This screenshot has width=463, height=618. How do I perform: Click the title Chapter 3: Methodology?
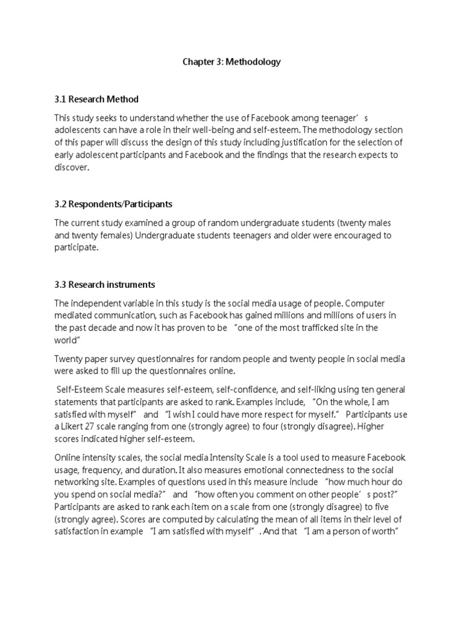point(231,62)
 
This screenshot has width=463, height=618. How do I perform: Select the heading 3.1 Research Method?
point(96,99)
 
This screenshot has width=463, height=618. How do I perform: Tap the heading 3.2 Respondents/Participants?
point(113,204)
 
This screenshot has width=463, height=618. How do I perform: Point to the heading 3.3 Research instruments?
point(104,284)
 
